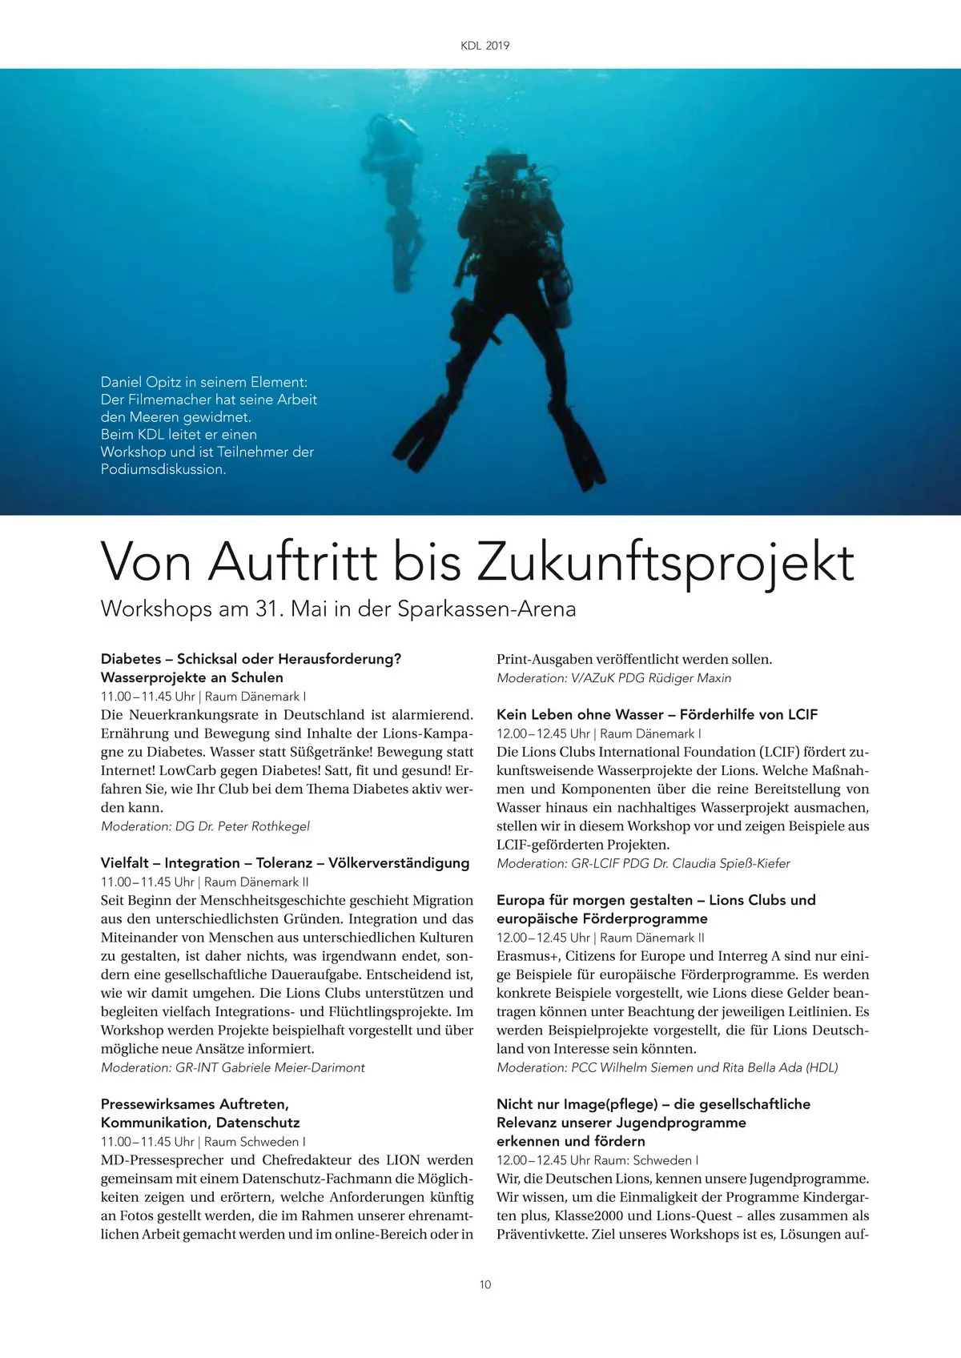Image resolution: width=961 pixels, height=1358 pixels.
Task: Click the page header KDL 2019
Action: click(x=485, y=46)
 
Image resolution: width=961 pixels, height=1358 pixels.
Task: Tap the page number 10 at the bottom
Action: click(x=485, y=1284)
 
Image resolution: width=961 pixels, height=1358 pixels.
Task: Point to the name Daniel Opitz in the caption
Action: click(x=141, y=382)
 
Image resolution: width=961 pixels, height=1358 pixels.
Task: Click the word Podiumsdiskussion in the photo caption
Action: click(x=162, y=469)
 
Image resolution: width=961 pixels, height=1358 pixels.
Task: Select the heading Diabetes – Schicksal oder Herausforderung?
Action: click(x=251, y=659)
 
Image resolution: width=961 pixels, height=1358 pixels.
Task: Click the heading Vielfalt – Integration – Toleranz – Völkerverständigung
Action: click(x=285, y=863)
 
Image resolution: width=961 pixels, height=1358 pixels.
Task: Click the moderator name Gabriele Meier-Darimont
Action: click(x=293, y=1067)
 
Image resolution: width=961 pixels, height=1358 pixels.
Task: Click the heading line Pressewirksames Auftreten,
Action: click(x=195, y=1104)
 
